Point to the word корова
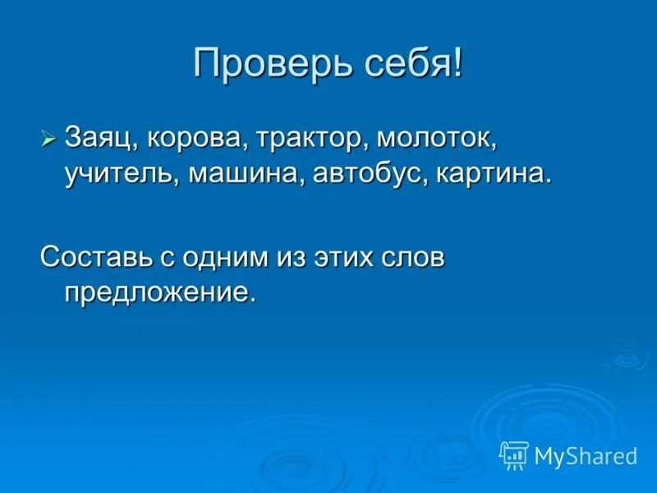coord(194,139)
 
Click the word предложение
coord(160,293)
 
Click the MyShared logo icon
coord(514,455)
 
